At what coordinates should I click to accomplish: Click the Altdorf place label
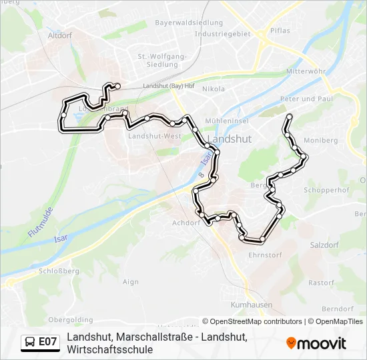pos(60,35)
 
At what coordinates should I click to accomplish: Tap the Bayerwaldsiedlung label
pos(179,23)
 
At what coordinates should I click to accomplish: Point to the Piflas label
pos(280,31)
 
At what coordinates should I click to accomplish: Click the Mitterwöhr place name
pos(305,71)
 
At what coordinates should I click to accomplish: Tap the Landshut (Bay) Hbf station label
pos(168,86)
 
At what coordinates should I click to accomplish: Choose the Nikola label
pos(214,89)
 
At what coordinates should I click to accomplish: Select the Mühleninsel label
pos(227,121)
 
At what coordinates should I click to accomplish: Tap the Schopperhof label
pos(327,190)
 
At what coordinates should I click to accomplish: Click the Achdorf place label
pos(186,223)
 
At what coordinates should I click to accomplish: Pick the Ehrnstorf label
pos(265,255)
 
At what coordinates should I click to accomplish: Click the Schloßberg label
pos(59,271)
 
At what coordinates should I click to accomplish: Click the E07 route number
pos(47,342)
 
